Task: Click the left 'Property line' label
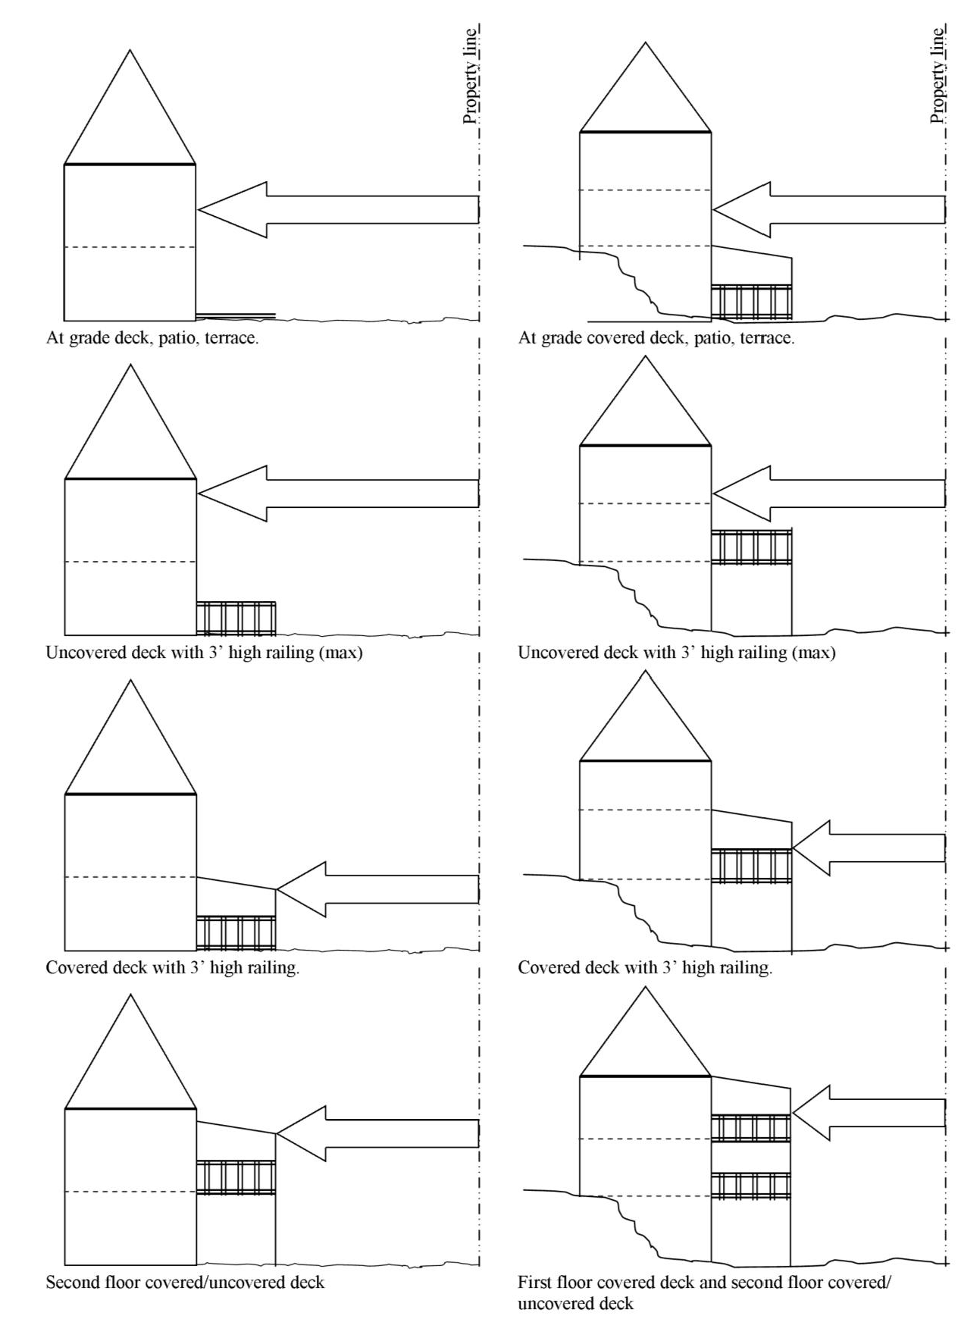pos(471,76)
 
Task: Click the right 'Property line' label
pos(938,76)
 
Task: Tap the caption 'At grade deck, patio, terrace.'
pos(152,338)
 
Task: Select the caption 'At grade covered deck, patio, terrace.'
pos(656,338)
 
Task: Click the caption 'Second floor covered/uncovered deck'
pos(185,1283)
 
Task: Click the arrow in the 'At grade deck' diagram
pos(337,209)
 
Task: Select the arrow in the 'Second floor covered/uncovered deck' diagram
pos(377,1133)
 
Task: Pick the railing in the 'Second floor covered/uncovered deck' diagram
pos(236,1177)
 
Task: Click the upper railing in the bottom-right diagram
pos(750,1128)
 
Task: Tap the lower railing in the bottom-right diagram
pos(750,1186)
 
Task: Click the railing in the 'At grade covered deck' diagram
pos(751,301)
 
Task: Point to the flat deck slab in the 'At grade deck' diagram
pos(235,315)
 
